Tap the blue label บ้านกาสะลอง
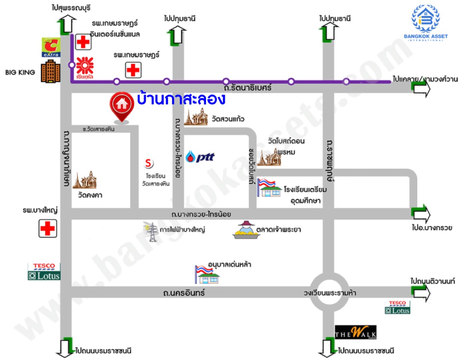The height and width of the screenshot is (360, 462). click(x=181, y=99)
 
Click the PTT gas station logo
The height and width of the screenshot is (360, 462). click(x=200, y=156)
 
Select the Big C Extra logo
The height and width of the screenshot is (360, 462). click(x=51, y=47)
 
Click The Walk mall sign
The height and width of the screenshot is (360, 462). click(x=355, y=332)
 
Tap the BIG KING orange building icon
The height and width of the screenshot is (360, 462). click(x=50, y=72)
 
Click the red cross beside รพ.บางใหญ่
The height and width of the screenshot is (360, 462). click(x=48, y=228)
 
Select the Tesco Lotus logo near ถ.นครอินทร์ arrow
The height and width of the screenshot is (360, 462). click(x=397, y=307)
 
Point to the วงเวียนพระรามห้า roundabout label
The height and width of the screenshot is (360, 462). click(x=330, y=293)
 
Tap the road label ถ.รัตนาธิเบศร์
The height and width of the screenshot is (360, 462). click(x=247, y=88)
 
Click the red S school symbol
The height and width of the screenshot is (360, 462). click(x=149, y=163)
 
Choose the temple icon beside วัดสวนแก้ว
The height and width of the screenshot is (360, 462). click(x=196, y=117)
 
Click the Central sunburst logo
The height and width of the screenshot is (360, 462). click(x=85, y=66)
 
